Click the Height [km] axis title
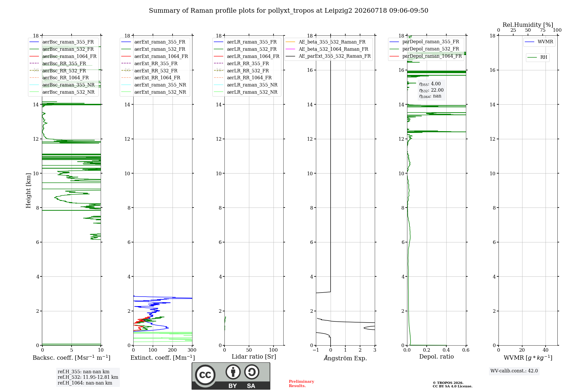pos(28,191)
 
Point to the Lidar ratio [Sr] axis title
pos(254,357)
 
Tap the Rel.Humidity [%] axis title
pos(528,25)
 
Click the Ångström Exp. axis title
pos(345,358)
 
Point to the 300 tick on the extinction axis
pos(192,350)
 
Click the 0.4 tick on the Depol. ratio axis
pos(446,350)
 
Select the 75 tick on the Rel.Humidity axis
pos(543,30)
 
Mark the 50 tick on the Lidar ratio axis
pos(249,350)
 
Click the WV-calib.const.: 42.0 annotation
pos(514,371)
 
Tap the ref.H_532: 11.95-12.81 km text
pos(88,377)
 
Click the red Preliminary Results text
pos(301,384)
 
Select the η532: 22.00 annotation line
pos(431,90)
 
